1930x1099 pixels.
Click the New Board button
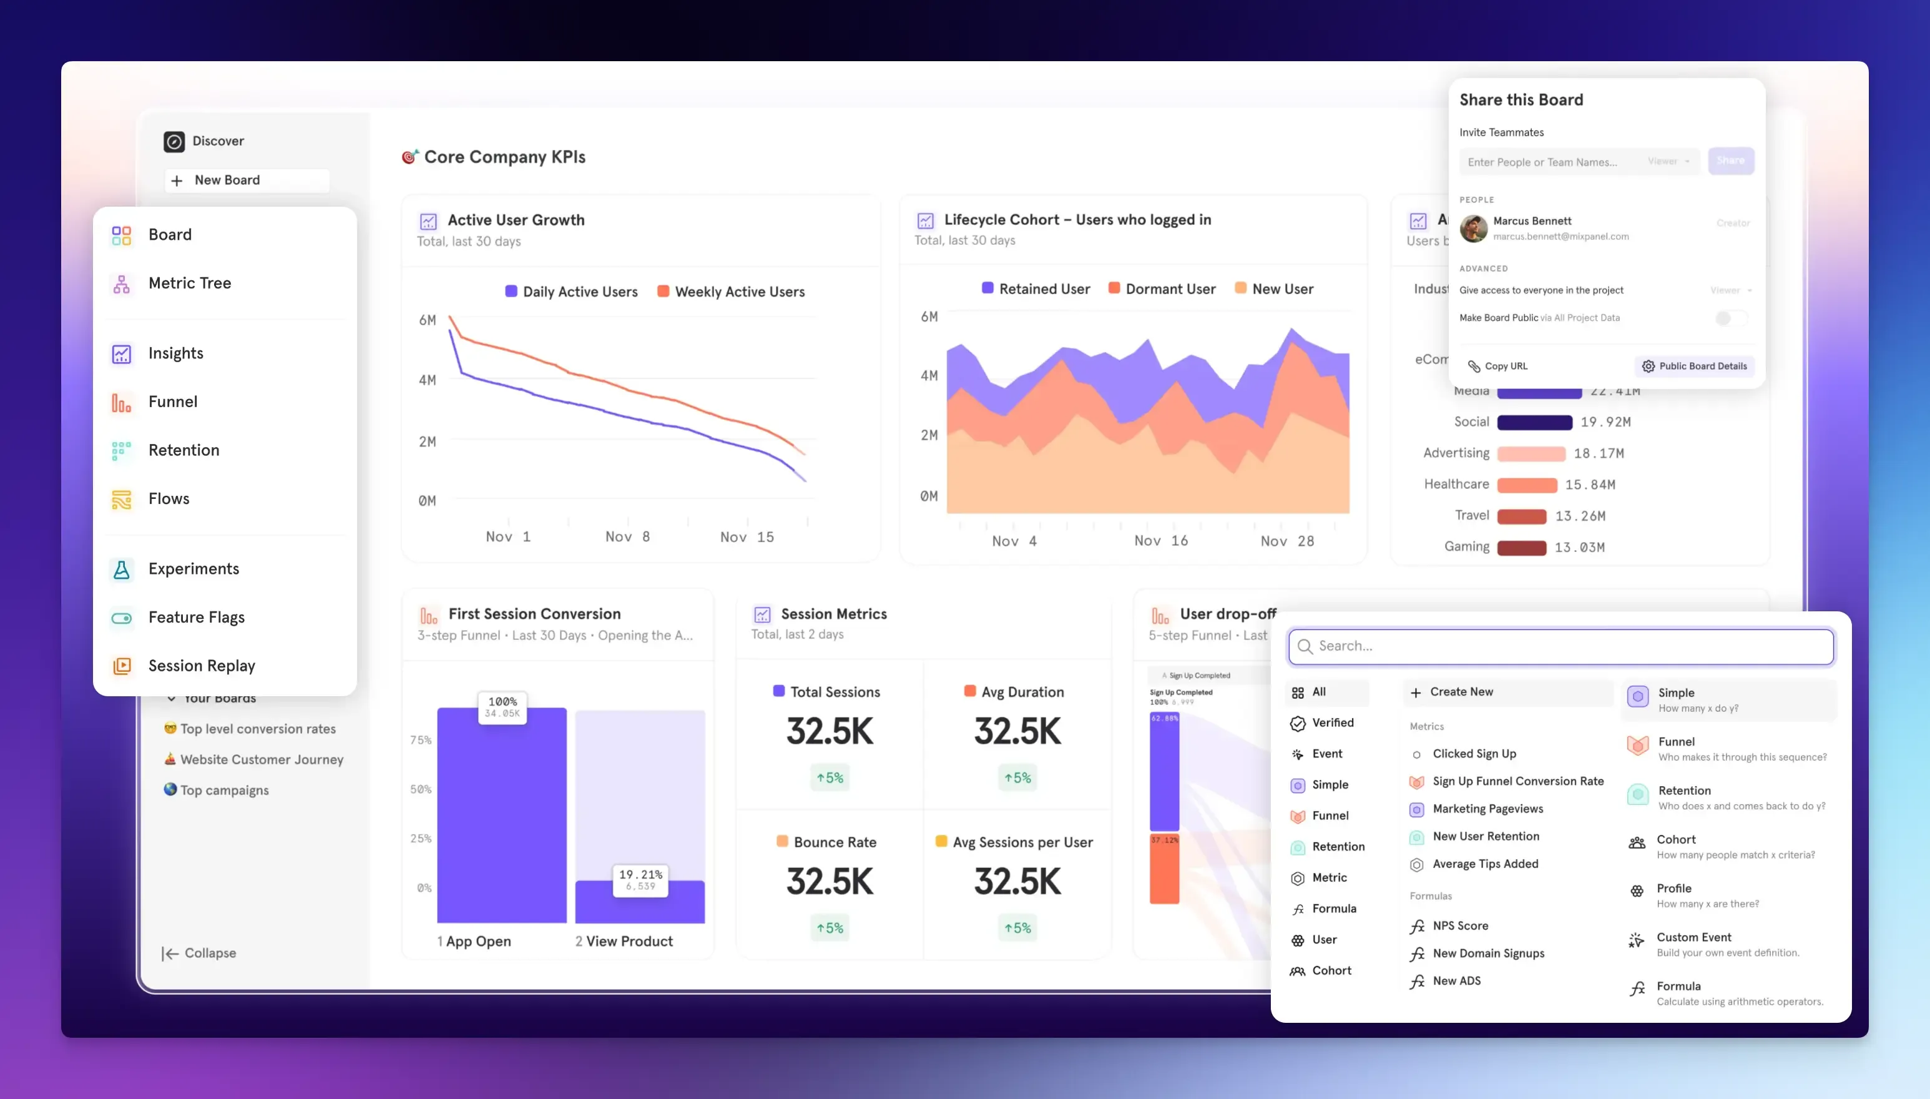click(x=227, y=180)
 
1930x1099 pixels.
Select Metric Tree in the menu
click(x=189, y=283)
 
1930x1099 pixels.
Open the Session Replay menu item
click(x=202, y=666)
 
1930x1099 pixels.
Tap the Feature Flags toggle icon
click(x=122, y=618)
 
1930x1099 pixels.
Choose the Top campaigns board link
click(x=224, y=791)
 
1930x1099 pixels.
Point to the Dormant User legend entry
click(x=1170, y=289)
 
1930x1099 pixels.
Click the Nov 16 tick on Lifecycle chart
click(x=1160, y=540)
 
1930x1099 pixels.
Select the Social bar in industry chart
click(x=1534, y=423)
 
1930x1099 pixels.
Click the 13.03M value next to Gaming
click(x=1579, y=547)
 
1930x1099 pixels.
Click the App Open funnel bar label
click(x=478, y=941)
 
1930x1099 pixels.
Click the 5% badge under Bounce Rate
click(x=829, y=928)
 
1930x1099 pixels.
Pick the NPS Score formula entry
click(x=1460, y=926)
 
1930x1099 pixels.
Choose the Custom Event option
click(x=1693, y=937)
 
